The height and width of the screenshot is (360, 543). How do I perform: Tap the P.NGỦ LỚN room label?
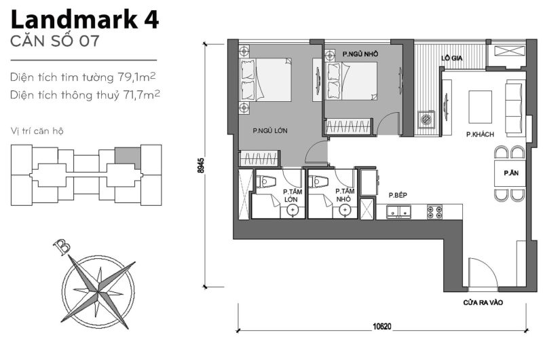click(267, 130)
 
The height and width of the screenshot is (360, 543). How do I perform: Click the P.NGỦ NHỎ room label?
click(360, 54)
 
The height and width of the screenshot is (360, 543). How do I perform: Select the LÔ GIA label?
click(451, 58)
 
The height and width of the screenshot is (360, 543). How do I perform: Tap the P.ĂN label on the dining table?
click(510, 174)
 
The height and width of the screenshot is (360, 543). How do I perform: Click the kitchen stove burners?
click(434, 212)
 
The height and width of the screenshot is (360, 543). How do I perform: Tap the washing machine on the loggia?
click(426, 120)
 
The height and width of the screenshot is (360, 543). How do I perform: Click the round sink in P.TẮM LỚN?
click(293, 211)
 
